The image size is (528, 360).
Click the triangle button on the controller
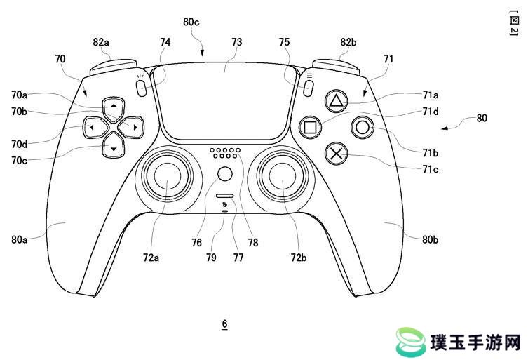(336, 101)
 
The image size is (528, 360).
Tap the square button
(310, 128)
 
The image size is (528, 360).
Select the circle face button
(363, 128)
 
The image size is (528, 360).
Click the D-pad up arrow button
(114, 107)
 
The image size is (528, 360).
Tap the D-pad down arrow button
(114, 147)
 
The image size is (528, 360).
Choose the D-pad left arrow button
(95, 127)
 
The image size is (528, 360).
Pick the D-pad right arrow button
(133, 127)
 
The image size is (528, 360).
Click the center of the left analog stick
(168, 175)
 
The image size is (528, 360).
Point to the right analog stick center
(282, 175)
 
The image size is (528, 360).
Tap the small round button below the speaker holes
(225, 174)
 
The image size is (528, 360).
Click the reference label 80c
(191, 22)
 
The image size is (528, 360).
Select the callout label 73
(237, 42)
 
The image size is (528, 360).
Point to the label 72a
(151, 258)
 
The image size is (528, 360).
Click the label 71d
(431, 112)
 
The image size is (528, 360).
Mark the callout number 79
(211, 258)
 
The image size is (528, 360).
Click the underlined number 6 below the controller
(224, 324)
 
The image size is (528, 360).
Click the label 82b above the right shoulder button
(348, 42)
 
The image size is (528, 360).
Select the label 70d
(19, 145)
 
